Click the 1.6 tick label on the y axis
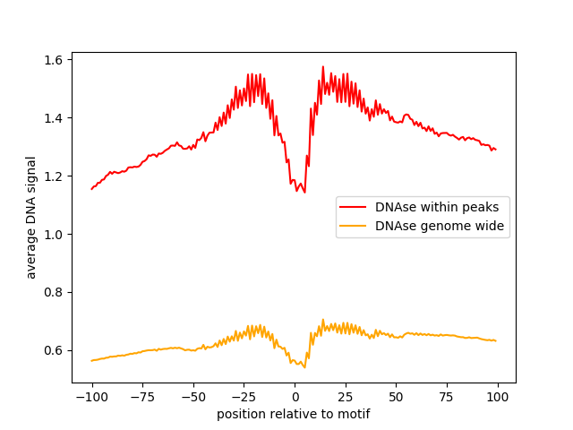pyautogui.click(x=54, y=60)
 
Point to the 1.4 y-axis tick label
pyautogui.click(x=54, y=118)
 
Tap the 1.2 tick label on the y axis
pyautogui.click(x=54, y=176)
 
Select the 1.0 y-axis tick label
pyautogui.click(x=54, y=235)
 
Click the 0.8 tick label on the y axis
pyautogui.click(x=54, y=293)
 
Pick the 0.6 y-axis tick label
pyautogui.click(x=54, y=350)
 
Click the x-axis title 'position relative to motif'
pyautogui.click(x=294, y=414)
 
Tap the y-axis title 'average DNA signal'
pyautogui.click(x=31, y=218)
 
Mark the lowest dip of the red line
pyautogui.click(x=305, y=192)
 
